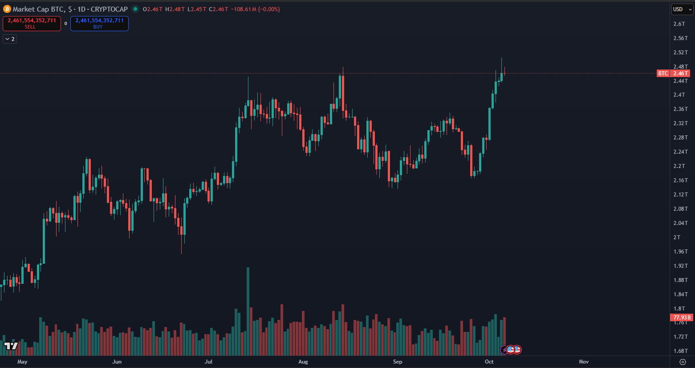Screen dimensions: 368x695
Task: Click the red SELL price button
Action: tap(32, 24)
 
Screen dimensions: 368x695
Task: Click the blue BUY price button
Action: tap(99, 24)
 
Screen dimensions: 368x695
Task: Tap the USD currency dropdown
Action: tap(682, 9)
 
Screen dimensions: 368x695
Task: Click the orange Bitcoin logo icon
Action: tap(7, 9)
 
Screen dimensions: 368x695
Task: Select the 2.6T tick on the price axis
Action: tap(679, 24)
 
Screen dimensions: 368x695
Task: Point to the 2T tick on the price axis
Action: tap(677, 237)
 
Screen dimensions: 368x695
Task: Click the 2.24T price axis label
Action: tap(680, 152)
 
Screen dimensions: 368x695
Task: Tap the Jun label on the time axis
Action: tap(117, 362)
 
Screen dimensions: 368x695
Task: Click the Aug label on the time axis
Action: tap(303, 362)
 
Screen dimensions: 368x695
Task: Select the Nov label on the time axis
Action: tap(584, 362)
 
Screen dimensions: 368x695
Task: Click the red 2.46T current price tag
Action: tap(680, 74)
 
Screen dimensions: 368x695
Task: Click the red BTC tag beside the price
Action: tap(663, 74)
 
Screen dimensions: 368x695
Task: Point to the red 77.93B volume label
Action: tap(682, 318)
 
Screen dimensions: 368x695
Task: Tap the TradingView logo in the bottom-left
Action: tap(11, 346)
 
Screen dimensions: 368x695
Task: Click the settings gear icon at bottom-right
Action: tap(683, 362)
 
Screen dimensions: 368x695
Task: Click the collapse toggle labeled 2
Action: tap(10, 39)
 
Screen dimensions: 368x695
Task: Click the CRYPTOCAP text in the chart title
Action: tap(109, 9)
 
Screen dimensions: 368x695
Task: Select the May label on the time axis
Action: tap(22, 362)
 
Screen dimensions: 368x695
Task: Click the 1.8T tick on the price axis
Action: tap(679, 309)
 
